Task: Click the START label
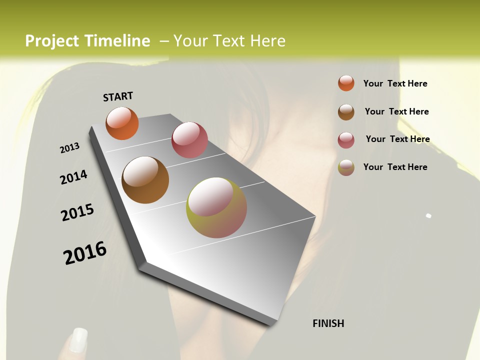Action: coord(118,96)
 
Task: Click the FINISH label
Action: coord(328,323)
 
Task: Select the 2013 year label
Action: coord(70,147)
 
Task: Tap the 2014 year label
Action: coord(73,177)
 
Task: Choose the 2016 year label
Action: coord(85,252)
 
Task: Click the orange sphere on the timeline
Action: coord(122,123)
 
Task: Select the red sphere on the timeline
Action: coord(189,140)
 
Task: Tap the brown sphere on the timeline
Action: coord(145,180)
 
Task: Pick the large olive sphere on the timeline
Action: coord(216,207)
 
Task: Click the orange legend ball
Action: coord(346,83)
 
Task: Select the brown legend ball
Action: coord(346,111)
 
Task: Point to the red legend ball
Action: coord(346,139)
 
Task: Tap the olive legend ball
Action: coord(346,167)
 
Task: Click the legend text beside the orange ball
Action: coord(395,83)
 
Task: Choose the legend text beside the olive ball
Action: coord(395,167)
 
